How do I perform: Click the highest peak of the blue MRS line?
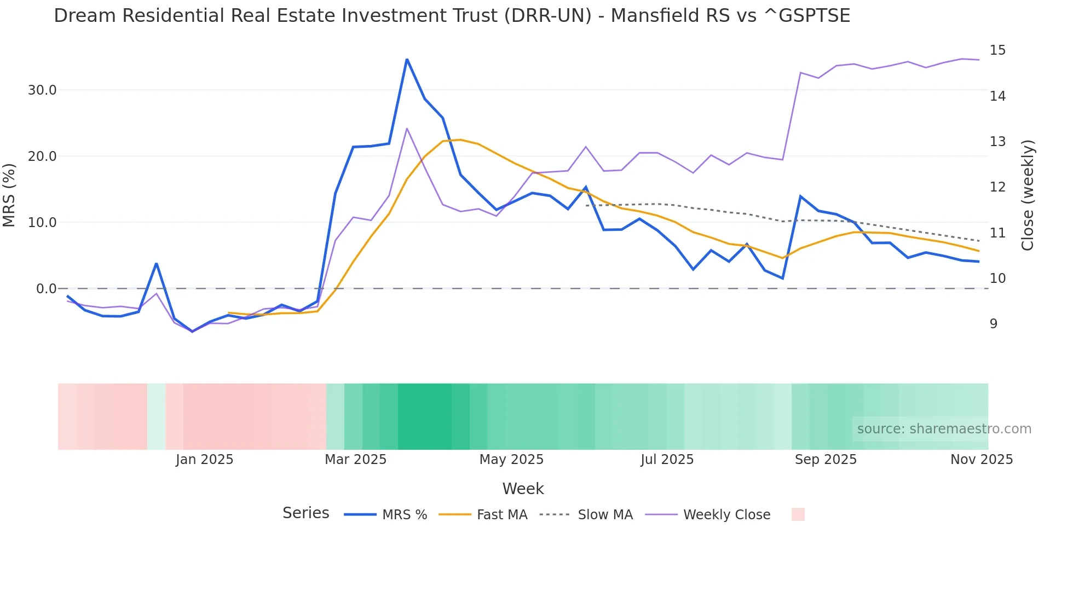click(407, 59)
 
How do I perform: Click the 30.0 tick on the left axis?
click(42, 90)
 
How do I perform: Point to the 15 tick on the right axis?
click(997, 50)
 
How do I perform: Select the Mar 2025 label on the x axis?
click(355, 460)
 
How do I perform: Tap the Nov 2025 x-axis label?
click(981, 460)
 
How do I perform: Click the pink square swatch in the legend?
click(798, 514)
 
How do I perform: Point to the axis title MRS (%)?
click(9, 195)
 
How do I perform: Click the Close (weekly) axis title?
click(1028, 195)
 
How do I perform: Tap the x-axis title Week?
click(523, 489)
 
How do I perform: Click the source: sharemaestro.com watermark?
click(944, 429)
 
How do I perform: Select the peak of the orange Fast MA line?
click(460, 140)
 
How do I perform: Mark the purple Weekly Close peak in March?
click(407, 129)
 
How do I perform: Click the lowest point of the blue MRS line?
click(192, 332)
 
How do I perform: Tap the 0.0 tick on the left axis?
click(46, 289)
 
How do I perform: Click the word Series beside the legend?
click(305, 513)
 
